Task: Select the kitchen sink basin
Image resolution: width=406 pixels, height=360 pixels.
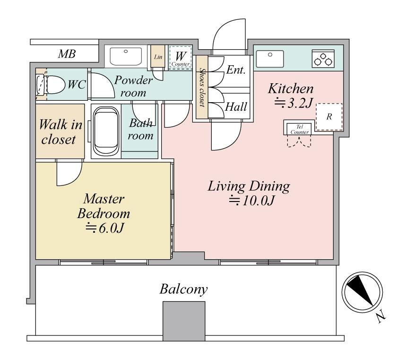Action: click(270, 59)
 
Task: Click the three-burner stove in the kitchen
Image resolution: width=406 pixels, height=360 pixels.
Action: click(323, 59)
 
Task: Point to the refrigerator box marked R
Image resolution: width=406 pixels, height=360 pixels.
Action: click(329, 117)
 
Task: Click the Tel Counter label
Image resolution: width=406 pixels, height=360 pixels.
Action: click(300, 129)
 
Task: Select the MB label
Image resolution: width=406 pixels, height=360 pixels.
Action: click(67, 54)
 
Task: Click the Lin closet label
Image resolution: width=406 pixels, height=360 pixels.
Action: click(158, 57)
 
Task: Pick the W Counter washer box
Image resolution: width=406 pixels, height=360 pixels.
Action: click(181, 58)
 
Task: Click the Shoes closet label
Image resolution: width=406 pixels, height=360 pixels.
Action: click(202, 88)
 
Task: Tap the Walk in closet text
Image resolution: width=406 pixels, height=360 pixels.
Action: click(60, 132)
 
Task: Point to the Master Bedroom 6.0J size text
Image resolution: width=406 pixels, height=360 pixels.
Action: click(104, 228)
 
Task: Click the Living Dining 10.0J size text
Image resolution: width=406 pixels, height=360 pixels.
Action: click(251, 201)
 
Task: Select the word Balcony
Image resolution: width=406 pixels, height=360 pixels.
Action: click(183, 289)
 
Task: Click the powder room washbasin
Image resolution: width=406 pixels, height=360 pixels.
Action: click(126, 56)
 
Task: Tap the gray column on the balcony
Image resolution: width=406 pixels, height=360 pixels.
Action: click(184, 321)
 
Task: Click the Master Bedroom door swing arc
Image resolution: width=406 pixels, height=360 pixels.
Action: click(74, 178)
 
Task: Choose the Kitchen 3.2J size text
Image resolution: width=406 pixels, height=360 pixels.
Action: click(294, 103)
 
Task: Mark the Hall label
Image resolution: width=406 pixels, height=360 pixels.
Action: click(236, 107)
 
